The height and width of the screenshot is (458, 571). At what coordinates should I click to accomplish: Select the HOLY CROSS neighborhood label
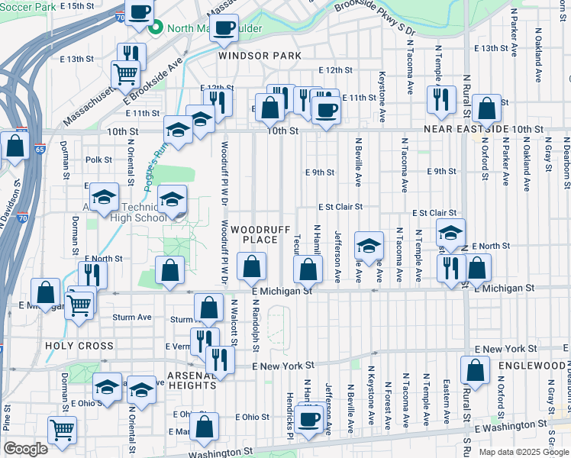(79, 346)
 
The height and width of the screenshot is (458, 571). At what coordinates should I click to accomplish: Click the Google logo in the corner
(25, 449)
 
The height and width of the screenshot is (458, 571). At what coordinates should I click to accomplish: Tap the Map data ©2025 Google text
(524, 452)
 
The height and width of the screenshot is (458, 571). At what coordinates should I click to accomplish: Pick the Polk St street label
(98, 160)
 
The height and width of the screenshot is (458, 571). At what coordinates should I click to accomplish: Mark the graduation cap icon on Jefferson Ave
(369, 246)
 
